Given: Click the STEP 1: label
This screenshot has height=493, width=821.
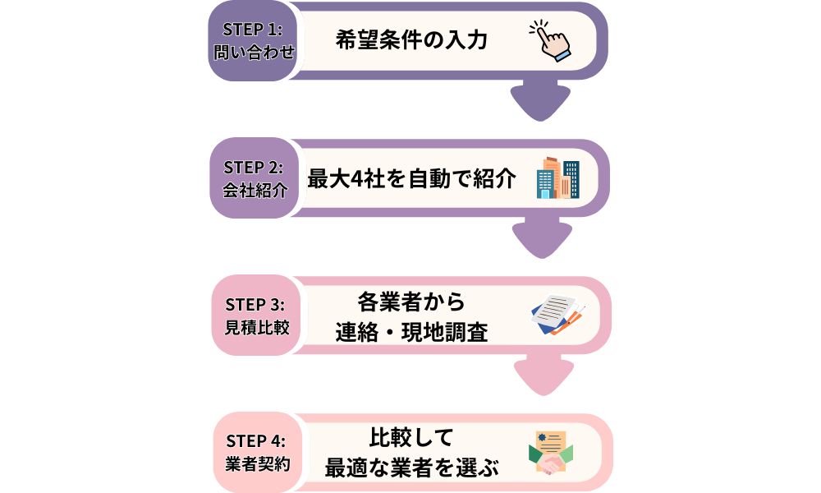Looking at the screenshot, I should click(x=252, y=29).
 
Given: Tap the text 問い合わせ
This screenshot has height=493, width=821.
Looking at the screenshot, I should click(x=252, y=53).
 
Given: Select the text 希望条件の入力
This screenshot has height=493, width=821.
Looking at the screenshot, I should click(x=411, y=40).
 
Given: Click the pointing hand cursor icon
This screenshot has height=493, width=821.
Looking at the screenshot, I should click(x=548, y=40).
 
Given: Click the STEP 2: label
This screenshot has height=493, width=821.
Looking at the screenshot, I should click(x=254, y=167).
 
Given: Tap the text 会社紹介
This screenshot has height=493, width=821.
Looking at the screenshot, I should click(x=254, y=191).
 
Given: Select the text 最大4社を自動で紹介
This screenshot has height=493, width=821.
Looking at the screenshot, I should click(x=411, y=178).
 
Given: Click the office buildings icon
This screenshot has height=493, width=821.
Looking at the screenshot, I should click(x=557, y=178).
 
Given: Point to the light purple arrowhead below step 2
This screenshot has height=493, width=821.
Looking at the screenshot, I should click(x=542, y=239).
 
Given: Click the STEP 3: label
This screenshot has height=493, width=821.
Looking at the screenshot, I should click(x=255, y=304).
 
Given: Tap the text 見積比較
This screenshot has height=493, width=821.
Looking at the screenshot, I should click(x=255, y=328).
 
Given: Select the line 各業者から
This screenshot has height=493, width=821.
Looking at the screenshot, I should click(x=411, y=302).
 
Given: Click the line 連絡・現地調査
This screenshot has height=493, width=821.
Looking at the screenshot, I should click(x=411, y=331).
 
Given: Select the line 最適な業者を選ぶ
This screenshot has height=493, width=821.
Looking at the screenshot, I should click(x=411, y=468).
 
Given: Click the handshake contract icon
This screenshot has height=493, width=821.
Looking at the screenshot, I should click(x=551, y=454).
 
